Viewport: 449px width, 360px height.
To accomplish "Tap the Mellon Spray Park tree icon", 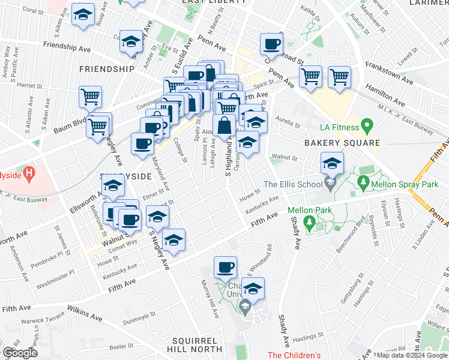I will (x=362, y=181).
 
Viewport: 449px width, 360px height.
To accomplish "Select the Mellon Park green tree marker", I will (x=310, y=224).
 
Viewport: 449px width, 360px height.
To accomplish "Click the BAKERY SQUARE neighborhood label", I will (x=342, y=143).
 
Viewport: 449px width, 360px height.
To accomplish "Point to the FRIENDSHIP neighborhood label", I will (x=107, y=69).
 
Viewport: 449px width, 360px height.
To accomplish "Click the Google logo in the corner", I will (x=20, y=353).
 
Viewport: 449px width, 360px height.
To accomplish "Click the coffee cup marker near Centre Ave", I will (x=272, y=44).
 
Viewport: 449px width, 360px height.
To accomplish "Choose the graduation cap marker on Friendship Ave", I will (x=131, y=41).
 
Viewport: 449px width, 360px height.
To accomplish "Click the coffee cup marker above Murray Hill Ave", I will (x=225, y=268).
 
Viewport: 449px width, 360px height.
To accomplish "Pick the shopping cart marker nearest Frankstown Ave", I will (x=339, y=76).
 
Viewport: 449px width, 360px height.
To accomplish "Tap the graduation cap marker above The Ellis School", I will (x=331, y=163).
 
